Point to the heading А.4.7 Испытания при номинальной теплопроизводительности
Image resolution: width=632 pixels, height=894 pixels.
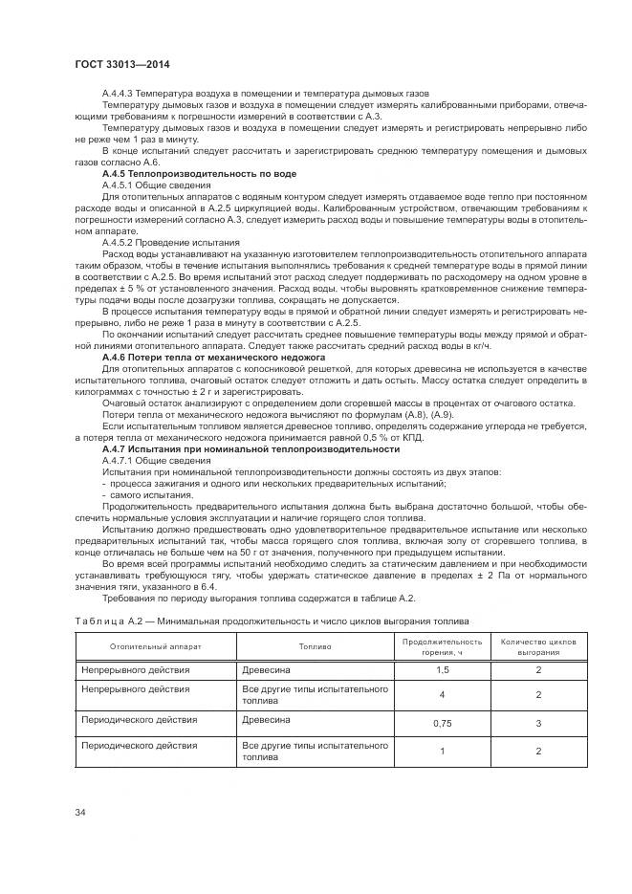click(251, 448)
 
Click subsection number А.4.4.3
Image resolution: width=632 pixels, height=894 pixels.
click(121, 93)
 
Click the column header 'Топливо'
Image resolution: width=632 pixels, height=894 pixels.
click(315, 646)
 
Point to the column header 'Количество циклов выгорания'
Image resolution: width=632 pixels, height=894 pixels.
click(538, 646)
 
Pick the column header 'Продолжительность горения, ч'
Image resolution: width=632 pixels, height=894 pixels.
click(442, 646)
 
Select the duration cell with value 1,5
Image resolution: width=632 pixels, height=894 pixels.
click(442, 670)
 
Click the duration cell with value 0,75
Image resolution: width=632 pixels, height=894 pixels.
click(442, 724)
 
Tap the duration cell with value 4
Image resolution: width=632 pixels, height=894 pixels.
click(442, 694)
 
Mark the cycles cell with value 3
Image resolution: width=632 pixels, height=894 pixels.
click(538, 724)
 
